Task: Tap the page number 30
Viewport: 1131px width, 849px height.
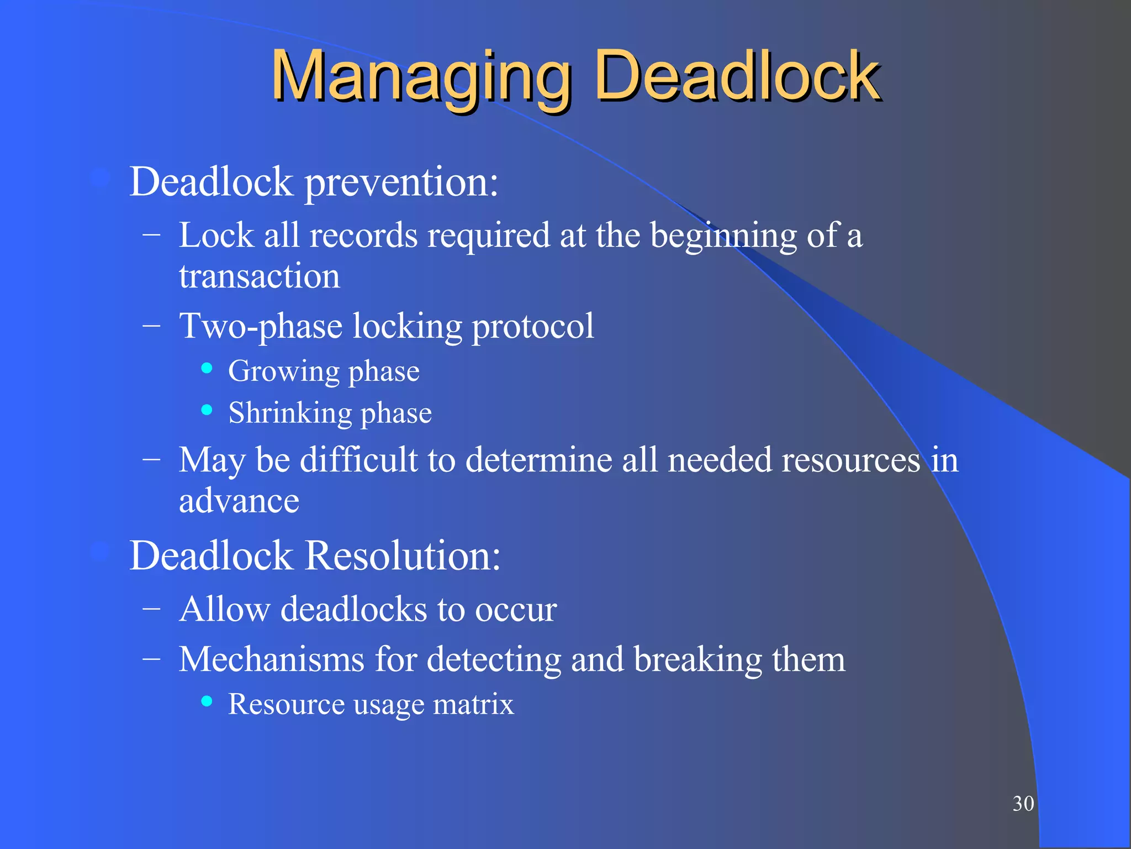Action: (1023, 804)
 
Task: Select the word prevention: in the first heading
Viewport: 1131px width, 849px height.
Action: (401, 182)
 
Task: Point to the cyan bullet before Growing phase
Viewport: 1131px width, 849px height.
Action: (207, 369)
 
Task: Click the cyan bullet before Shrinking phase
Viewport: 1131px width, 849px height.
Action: (207, 410)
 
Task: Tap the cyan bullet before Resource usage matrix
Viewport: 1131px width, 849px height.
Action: (207, 701)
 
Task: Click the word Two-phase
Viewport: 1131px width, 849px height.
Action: (260, 326)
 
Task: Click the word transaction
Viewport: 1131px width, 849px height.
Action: (259, 276)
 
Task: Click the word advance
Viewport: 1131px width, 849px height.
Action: (239, 501)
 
